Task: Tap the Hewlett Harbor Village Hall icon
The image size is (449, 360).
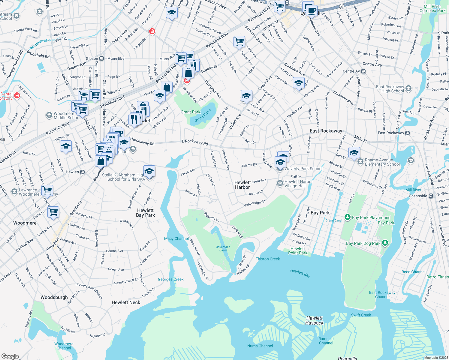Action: pos(280,183)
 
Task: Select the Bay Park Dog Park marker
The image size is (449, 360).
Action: pos(385,243)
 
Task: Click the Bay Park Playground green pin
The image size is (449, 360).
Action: pos(348,217)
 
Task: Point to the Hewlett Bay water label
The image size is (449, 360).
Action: pos(300,273)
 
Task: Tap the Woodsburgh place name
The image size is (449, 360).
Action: pos(54,297)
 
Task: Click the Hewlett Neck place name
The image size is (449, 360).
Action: pos(126,302)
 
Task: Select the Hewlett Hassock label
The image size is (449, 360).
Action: pos(314,320)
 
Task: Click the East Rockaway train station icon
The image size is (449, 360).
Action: pos(407,133)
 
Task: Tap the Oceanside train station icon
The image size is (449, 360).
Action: pos(431,196)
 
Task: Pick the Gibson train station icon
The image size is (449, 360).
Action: pos(102,58)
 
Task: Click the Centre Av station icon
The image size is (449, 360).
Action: pos(363,71)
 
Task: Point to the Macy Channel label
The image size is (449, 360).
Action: pos(176,238)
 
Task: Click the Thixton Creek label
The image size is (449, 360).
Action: pos(268,259)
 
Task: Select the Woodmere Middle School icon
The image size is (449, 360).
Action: pos(49,115)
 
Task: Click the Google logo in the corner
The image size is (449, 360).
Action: pos(10,356)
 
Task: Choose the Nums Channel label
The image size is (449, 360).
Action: pos(260,346)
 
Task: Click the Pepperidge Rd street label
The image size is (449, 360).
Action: pos(255,203)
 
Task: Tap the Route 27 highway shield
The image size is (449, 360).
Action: pos(342,6)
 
